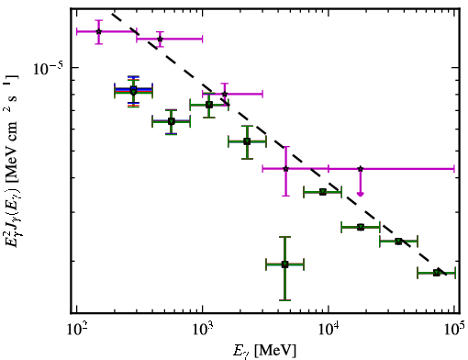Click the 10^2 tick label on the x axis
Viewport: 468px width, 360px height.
77,331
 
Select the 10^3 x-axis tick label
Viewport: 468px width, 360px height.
203,331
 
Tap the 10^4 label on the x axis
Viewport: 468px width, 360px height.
329,331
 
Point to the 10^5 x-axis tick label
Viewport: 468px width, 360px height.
455,331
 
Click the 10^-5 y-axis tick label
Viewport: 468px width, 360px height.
49,69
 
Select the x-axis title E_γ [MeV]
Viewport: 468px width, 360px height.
264,351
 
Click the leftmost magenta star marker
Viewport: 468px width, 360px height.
98,31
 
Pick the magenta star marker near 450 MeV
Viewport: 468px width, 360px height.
160,39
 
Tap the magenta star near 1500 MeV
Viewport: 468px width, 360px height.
225,94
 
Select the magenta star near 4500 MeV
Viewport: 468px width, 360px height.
285,169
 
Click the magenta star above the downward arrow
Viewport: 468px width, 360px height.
361,169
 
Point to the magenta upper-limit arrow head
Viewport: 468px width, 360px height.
361,194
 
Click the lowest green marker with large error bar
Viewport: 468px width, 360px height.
284,264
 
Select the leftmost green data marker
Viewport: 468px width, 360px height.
133,91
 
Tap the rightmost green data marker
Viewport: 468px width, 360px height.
437,273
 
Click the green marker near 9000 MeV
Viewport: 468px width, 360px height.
323,192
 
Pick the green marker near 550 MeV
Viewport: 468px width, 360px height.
172,121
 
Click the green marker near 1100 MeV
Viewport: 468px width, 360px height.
209,105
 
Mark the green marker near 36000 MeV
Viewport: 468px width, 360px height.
398,242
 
